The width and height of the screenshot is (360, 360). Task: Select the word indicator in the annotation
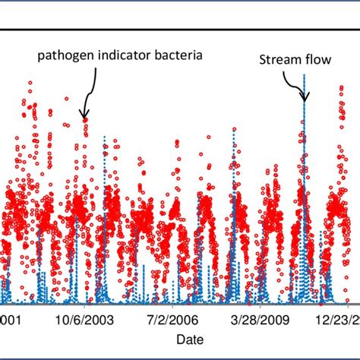(118, 55)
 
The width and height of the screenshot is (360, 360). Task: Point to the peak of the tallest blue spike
(304, 75)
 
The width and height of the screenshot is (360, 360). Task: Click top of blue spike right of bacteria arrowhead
(104, 137)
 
